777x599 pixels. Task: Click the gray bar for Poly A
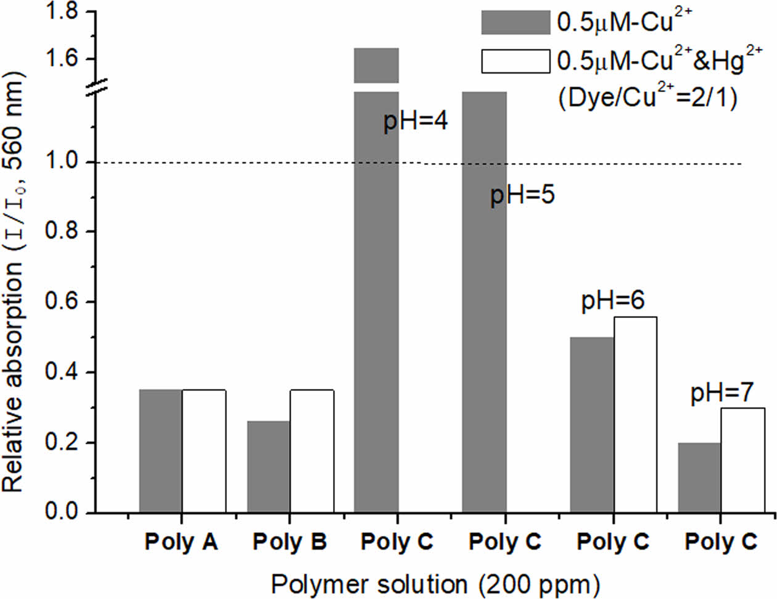[160, 451]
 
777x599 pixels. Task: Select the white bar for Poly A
[203, 451]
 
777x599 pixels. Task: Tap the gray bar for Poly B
[268, 467]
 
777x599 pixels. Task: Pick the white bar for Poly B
[311, 451]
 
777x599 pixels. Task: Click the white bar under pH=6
[635, 414]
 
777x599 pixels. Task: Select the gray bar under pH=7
[699, 477]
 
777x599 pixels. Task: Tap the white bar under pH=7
[742, 460]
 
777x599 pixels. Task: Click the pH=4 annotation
[415, 120]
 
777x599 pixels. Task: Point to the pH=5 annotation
[522, 195]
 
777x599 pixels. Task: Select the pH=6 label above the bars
[612, 301]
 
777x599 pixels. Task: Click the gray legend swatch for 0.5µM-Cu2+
[515, 22]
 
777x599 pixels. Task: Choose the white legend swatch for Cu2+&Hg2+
[515, 61]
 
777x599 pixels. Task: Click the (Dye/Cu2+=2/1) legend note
[647, 98]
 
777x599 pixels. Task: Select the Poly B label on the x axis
[290, 542]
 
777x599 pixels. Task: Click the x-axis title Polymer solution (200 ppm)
[435, 584]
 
